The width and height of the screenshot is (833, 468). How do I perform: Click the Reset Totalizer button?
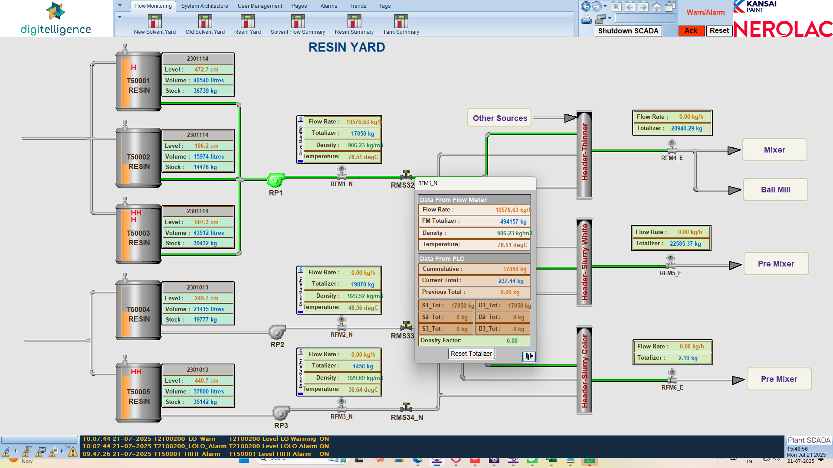(471, 354)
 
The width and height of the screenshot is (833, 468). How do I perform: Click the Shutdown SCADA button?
(628, 31)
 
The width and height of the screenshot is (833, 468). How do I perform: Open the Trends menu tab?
(357, 6)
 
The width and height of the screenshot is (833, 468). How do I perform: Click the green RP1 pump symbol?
(275, 179)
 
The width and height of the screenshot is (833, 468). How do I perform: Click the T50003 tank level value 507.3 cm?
(206, 222)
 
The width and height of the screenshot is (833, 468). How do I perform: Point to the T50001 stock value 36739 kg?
(205, 91)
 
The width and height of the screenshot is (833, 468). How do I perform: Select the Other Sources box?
(499, 118)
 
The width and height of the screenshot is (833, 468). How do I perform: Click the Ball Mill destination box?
(775, 190)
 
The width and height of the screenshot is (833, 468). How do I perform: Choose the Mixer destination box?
(774, 150)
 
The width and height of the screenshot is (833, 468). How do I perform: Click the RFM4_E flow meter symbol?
(672, 146)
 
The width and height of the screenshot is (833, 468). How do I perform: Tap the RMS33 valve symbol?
(406, 326)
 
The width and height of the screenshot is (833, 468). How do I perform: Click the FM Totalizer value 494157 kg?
(513, 221)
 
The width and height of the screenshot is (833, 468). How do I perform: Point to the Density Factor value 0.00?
(512, 341)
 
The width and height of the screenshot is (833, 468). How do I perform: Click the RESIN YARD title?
(347, 47)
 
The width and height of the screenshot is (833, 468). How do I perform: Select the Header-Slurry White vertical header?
(584, 263)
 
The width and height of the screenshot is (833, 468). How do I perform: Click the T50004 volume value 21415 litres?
(209, 309)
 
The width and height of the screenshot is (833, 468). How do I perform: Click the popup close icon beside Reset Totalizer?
(528, 356)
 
